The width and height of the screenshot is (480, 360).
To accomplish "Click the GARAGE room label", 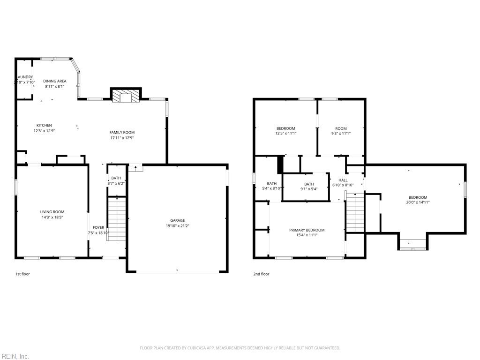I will pos(177,220).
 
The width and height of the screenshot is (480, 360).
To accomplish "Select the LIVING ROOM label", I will pos(52,212).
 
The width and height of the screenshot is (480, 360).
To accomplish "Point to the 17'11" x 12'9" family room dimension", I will pos(122,138).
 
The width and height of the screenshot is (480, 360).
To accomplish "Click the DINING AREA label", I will pos(55,81).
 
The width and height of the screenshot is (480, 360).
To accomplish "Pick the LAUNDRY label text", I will pos(25,77).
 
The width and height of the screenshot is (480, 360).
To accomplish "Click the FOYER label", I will pos(98,227).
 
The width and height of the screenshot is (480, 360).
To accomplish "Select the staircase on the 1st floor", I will pos(117,219).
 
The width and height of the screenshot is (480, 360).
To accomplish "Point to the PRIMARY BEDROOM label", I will pos(307,230).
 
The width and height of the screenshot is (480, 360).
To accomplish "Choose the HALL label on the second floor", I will pos(343,180).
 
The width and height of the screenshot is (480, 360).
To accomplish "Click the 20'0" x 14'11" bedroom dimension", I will pos(418,202).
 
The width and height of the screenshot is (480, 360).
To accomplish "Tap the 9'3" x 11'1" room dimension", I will pos(341,134).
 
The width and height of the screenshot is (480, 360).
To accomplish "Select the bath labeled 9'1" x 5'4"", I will pos(308,184).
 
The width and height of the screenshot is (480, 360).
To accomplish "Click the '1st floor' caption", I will pos(22,274).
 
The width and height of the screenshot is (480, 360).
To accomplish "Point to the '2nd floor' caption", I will pos(261,274).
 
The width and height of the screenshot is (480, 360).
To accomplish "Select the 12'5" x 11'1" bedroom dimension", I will pos(285,134).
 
